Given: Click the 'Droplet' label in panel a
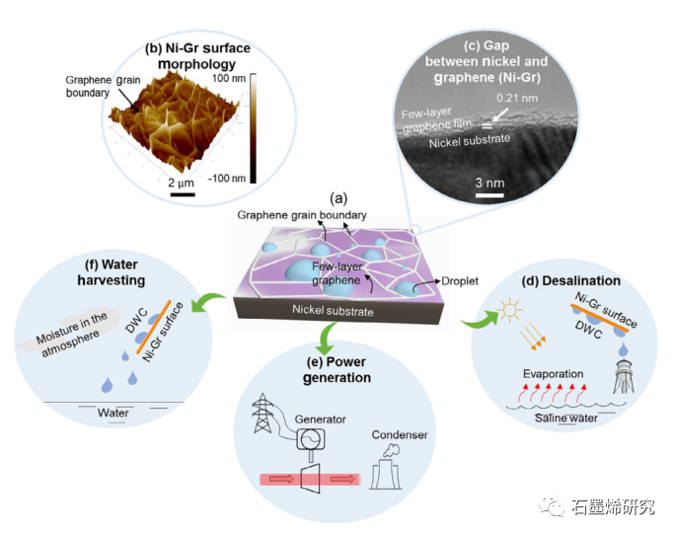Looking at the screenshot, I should [458, 281].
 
